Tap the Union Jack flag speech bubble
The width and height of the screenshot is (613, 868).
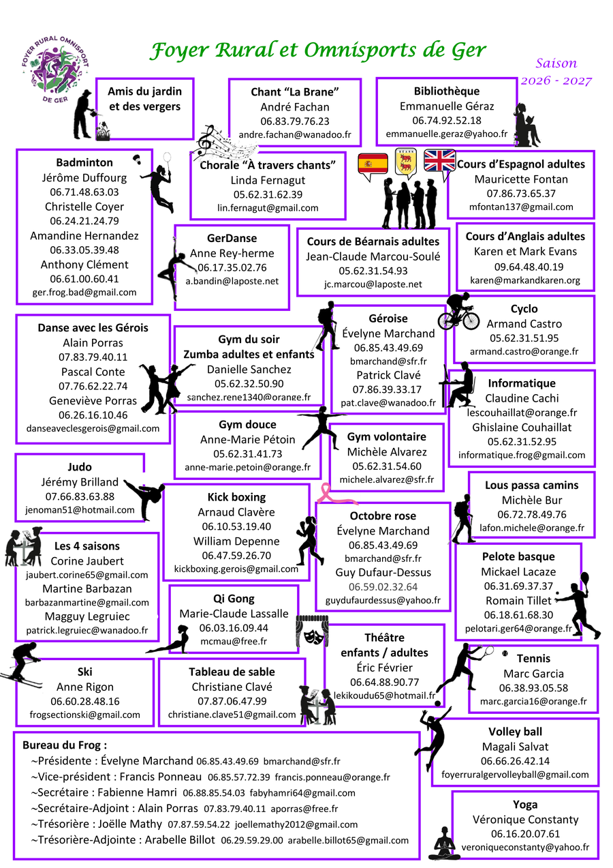pyautogui.click(x=439, y=164)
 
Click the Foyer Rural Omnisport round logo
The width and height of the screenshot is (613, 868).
pyautogui.click(x=55, y=70)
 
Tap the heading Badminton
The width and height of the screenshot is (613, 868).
pyautogui.click(x=84, y=162)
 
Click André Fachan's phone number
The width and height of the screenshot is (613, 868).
pyautogui.click(x=294, y=121)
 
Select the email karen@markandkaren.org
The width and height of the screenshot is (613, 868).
pyautogui.click(x=524, y=280)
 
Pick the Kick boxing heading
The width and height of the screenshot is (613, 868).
pyautogui.click(x=236, y=497)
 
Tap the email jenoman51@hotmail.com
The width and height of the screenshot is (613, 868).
pyautogui.click(x=80, y=510)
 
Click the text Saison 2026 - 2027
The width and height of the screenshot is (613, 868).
pyautogui.click(x=556, y=72)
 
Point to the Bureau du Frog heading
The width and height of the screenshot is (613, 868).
pyautogui.click(x=65, y=745)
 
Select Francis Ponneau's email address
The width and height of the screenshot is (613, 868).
pyautogui.click(x=332, y=777)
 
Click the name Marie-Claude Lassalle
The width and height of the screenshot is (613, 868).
pyautogui.click(x=234, y=614)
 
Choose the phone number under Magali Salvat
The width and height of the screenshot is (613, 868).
pyautogui.click(x=515, y=761)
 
